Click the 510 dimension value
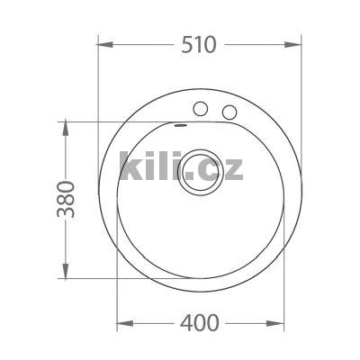point(199,44)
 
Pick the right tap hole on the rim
point(229,112)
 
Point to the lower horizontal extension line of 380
point(90,279)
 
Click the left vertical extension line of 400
point(118,301)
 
